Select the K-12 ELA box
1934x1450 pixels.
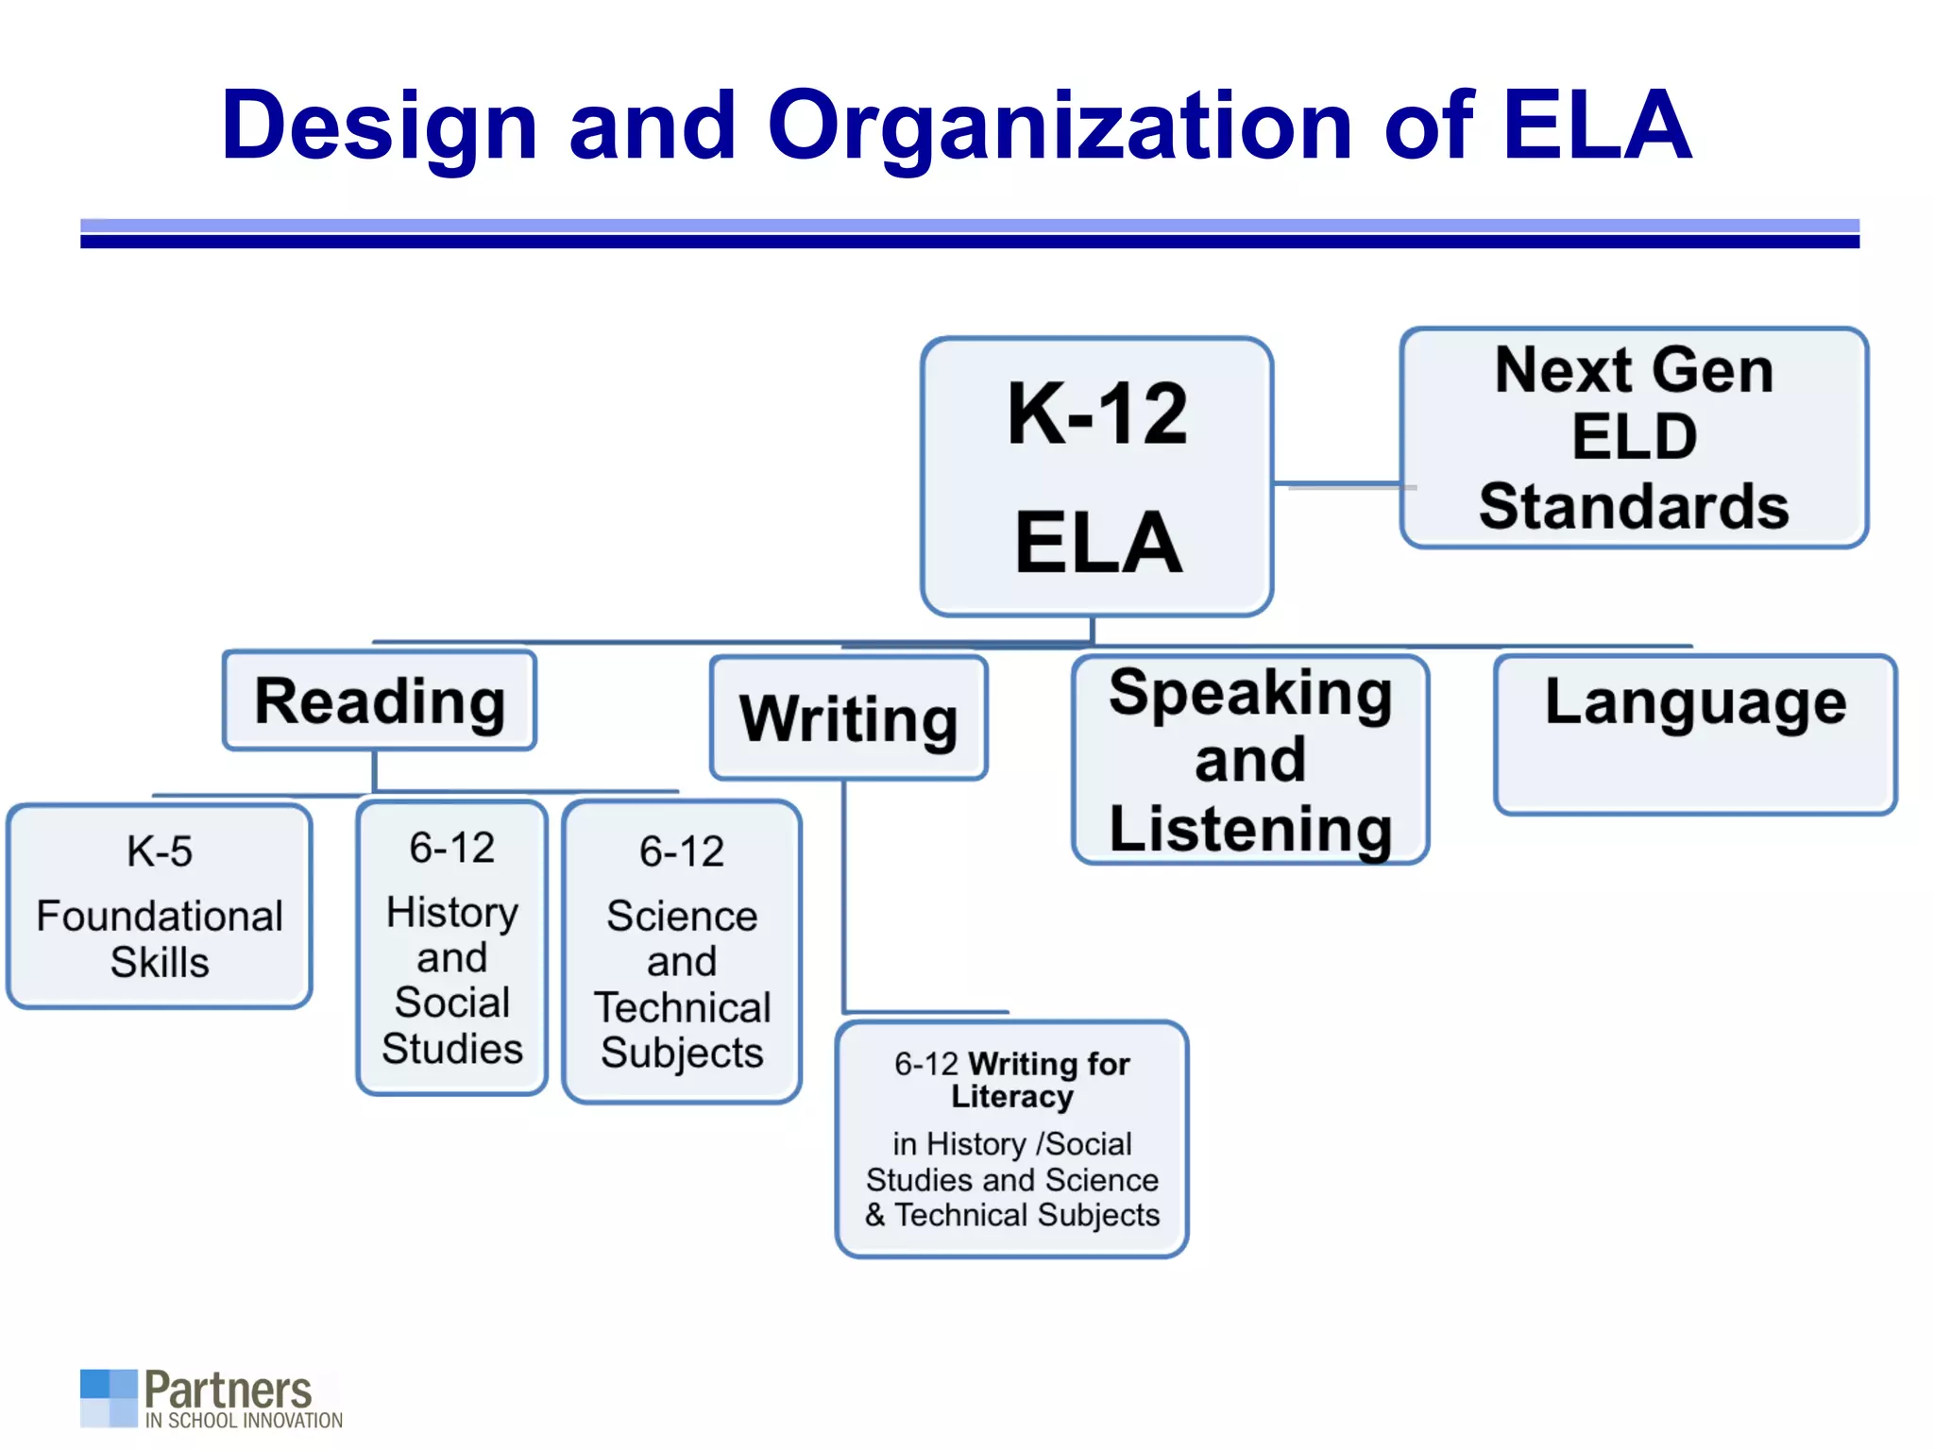click(1096, 477)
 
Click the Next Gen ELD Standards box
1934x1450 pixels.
click(1634, 438)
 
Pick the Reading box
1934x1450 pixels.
click(380, 701)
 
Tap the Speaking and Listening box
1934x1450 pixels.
click(1250, 760)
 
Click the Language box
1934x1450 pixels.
click(1695, 734)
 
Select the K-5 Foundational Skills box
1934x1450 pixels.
click(160, 906)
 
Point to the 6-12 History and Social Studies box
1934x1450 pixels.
click(452, 948)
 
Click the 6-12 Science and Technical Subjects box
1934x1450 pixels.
click(682, 952)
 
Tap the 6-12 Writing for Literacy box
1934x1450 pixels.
click(1011, 1139)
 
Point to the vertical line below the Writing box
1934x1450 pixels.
click(844, 897)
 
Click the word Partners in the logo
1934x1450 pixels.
click(228, 1390)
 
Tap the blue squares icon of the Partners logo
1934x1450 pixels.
click(109, 1397)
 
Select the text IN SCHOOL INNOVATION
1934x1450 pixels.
click(244, 1421)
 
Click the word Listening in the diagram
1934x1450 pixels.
click(1250, 829)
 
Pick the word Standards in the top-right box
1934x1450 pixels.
click(1634, 507)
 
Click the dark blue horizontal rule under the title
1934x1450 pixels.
click(969, 242)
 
